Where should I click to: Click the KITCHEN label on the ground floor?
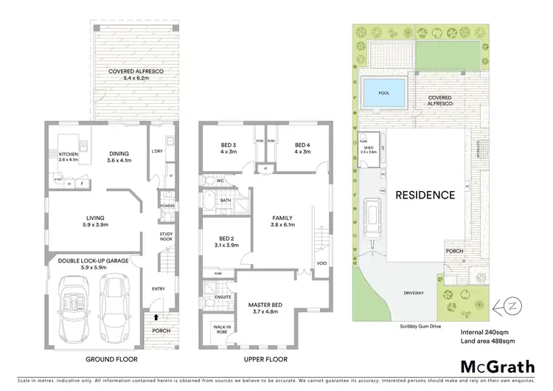(x=69, y=154)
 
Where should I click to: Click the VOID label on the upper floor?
(x=321, y=262)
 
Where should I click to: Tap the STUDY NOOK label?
(x=167, y=237)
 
